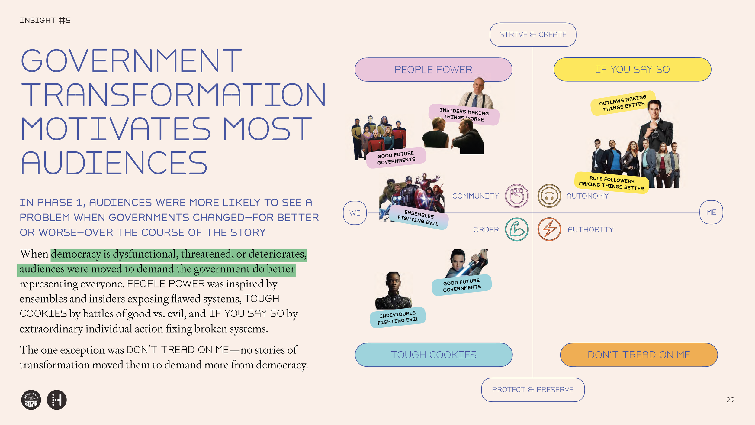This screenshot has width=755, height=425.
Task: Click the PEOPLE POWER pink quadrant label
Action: (433, 70)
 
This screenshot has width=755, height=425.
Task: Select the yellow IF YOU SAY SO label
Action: (632, 69)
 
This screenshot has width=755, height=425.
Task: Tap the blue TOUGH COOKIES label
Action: (433, 355)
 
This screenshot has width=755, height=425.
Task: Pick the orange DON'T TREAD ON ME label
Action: (639, 355)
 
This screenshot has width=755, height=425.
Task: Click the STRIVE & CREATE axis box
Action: (533, 34)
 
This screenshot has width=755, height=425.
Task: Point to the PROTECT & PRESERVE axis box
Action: (533, 390)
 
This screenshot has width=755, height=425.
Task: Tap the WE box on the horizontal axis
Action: (355, 213)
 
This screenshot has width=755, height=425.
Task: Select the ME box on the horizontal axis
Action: (711, 212)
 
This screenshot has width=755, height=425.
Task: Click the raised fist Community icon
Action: (517, 196)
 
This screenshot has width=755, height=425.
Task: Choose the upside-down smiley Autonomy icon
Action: (549, 196)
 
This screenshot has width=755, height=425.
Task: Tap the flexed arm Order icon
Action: (517, 229)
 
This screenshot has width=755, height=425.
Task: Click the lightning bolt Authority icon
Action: (549, 229)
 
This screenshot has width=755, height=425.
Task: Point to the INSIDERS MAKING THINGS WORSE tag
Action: (464, 115)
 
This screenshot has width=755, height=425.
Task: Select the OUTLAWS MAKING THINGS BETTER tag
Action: (623, 103)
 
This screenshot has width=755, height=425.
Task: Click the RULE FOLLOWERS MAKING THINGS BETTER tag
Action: (612, 183)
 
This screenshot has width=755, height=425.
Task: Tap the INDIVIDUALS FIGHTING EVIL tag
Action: (398, 317)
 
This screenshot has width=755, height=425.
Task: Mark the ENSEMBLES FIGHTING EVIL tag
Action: (418, 218)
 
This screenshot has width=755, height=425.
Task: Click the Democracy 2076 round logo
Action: (31, 400)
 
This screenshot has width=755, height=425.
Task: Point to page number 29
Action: (730, 400)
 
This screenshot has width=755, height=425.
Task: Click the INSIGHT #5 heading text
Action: (45, 20)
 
